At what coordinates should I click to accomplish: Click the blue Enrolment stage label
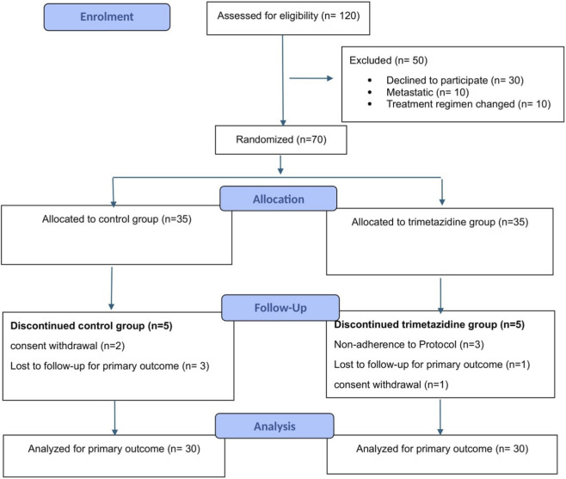(107, 17)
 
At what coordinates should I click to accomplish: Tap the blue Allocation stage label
(279, 199)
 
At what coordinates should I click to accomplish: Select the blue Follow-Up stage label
(280, 308)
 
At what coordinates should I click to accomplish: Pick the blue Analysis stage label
(274, 426)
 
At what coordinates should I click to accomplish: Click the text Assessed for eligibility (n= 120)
(288, 15)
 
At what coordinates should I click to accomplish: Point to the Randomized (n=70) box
(280, 139)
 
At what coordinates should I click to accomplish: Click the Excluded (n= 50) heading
(389, 60)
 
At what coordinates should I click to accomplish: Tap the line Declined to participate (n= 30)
(455, 80)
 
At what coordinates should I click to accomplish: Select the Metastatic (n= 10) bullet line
(428, 92)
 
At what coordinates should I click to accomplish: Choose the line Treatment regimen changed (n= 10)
(469, 104)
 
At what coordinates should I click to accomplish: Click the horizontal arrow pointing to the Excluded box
(311, 78)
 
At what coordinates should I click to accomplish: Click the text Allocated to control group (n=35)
(117, 219)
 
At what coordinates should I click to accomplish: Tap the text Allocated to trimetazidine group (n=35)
(440, 222)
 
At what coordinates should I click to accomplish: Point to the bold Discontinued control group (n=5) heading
(91, 326)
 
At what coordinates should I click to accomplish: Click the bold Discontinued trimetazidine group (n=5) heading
(429, 324)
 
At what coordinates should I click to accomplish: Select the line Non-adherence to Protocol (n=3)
(409, 345)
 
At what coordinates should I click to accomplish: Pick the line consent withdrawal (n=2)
(67, 346)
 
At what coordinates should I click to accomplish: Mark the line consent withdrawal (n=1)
(391, 384)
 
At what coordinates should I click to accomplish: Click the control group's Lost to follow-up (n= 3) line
(110, 366)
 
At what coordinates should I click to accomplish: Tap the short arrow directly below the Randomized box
(280, 165)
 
